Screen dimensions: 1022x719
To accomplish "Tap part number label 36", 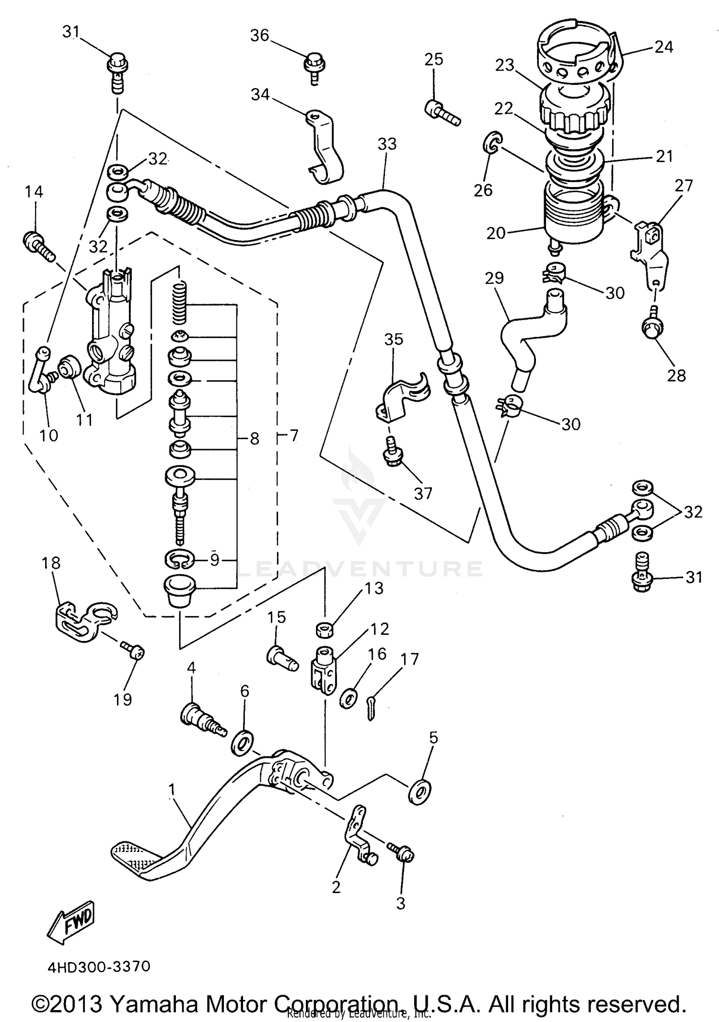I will [x=260, y=35].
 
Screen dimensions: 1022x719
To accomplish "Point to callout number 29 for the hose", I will [x=495, y=278].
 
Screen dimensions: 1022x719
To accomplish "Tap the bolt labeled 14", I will [x=40, y=244].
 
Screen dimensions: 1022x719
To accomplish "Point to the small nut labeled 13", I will [x=325, y=629].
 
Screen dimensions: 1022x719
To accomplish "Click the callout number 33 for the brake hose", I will [x=387, y=144].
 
